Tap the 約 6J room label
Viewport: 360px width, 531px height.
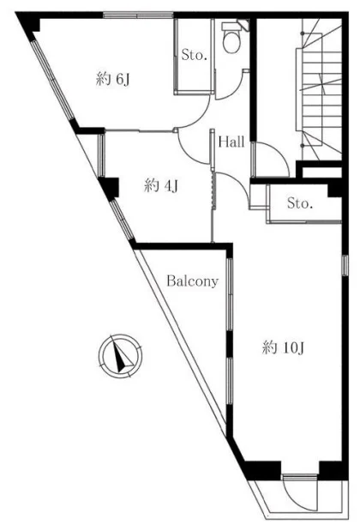pyautogui.click(x=112, y=80)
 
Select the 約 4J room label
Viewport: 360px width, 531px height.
pyautogui.click(x=161, y=186)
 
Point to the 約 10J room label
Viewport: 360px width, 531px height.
pyautogui.click(x=284, y=347)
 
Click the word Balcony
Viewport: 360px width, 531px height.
pyautogui.click(x=193, y=281)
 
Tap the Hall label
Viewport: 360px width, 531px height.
pyautogui.click(x=231, y=142)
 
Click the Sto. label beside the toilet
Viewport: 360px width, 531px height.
pyautogui.click(x=195, y=55)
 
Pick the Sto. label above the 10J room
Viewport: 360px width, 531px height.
pyautogui.click(x=300, y=203)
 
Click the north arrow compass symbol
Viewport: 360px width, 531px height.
pyautogui.click(x=121, y=356)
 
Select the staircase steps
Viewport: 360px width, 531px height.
pyautogui.click(x=321, y=91)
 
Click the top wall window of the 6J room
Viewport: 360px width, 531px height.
pyautogui.click(x=138, y=15)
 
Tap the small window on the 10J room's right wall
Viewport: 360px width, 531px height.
pyautogui.click(x=345, y=266)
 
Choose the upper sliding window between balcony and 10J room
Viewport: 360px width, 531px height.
pyautogui.click(x=230, y=294)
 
